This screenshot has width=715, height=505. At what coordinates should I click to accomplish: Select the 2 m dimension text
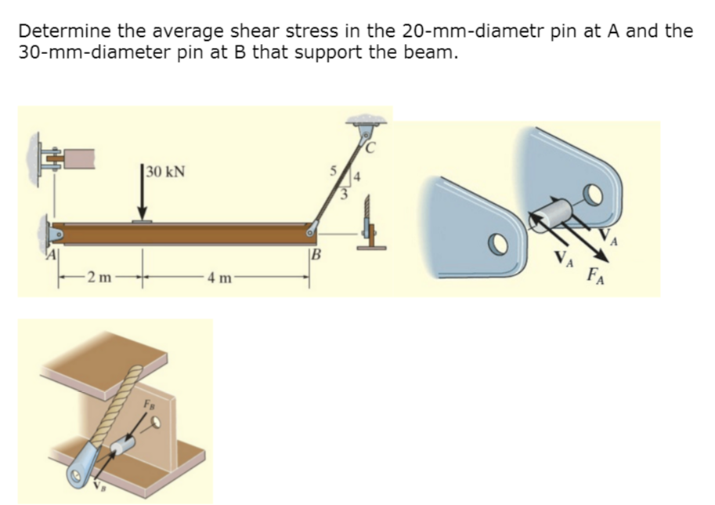point(99,276)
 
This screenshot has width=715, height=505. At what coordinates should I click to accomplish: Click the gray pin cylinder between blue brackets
point(551,213)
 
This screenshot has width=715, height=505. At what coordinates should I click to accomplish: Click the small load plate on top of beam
point(142,222)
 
